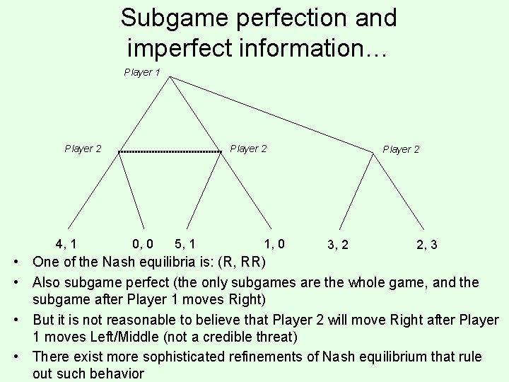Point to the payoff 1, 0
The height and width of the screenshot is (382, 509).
pos(274,245)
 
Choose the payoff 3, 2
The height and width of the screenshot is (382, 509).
pos(337,245)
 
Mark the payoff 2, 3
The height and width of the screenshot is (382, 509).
pos(426,245)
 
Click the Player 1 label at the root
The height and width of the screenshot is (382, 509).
pos(142,72)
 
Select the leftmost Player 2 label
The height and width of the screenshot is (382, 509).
pos(83,149)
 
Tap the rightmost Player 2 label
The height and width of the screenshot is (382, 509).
pos(401,149)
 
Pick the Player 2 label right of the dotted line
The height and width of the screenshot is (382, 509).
pos(248,149)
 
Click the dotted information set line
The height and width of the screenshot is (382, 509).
pos(170,152)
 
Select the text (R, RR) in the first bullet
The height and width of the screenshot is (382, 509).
pos(242,262)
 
